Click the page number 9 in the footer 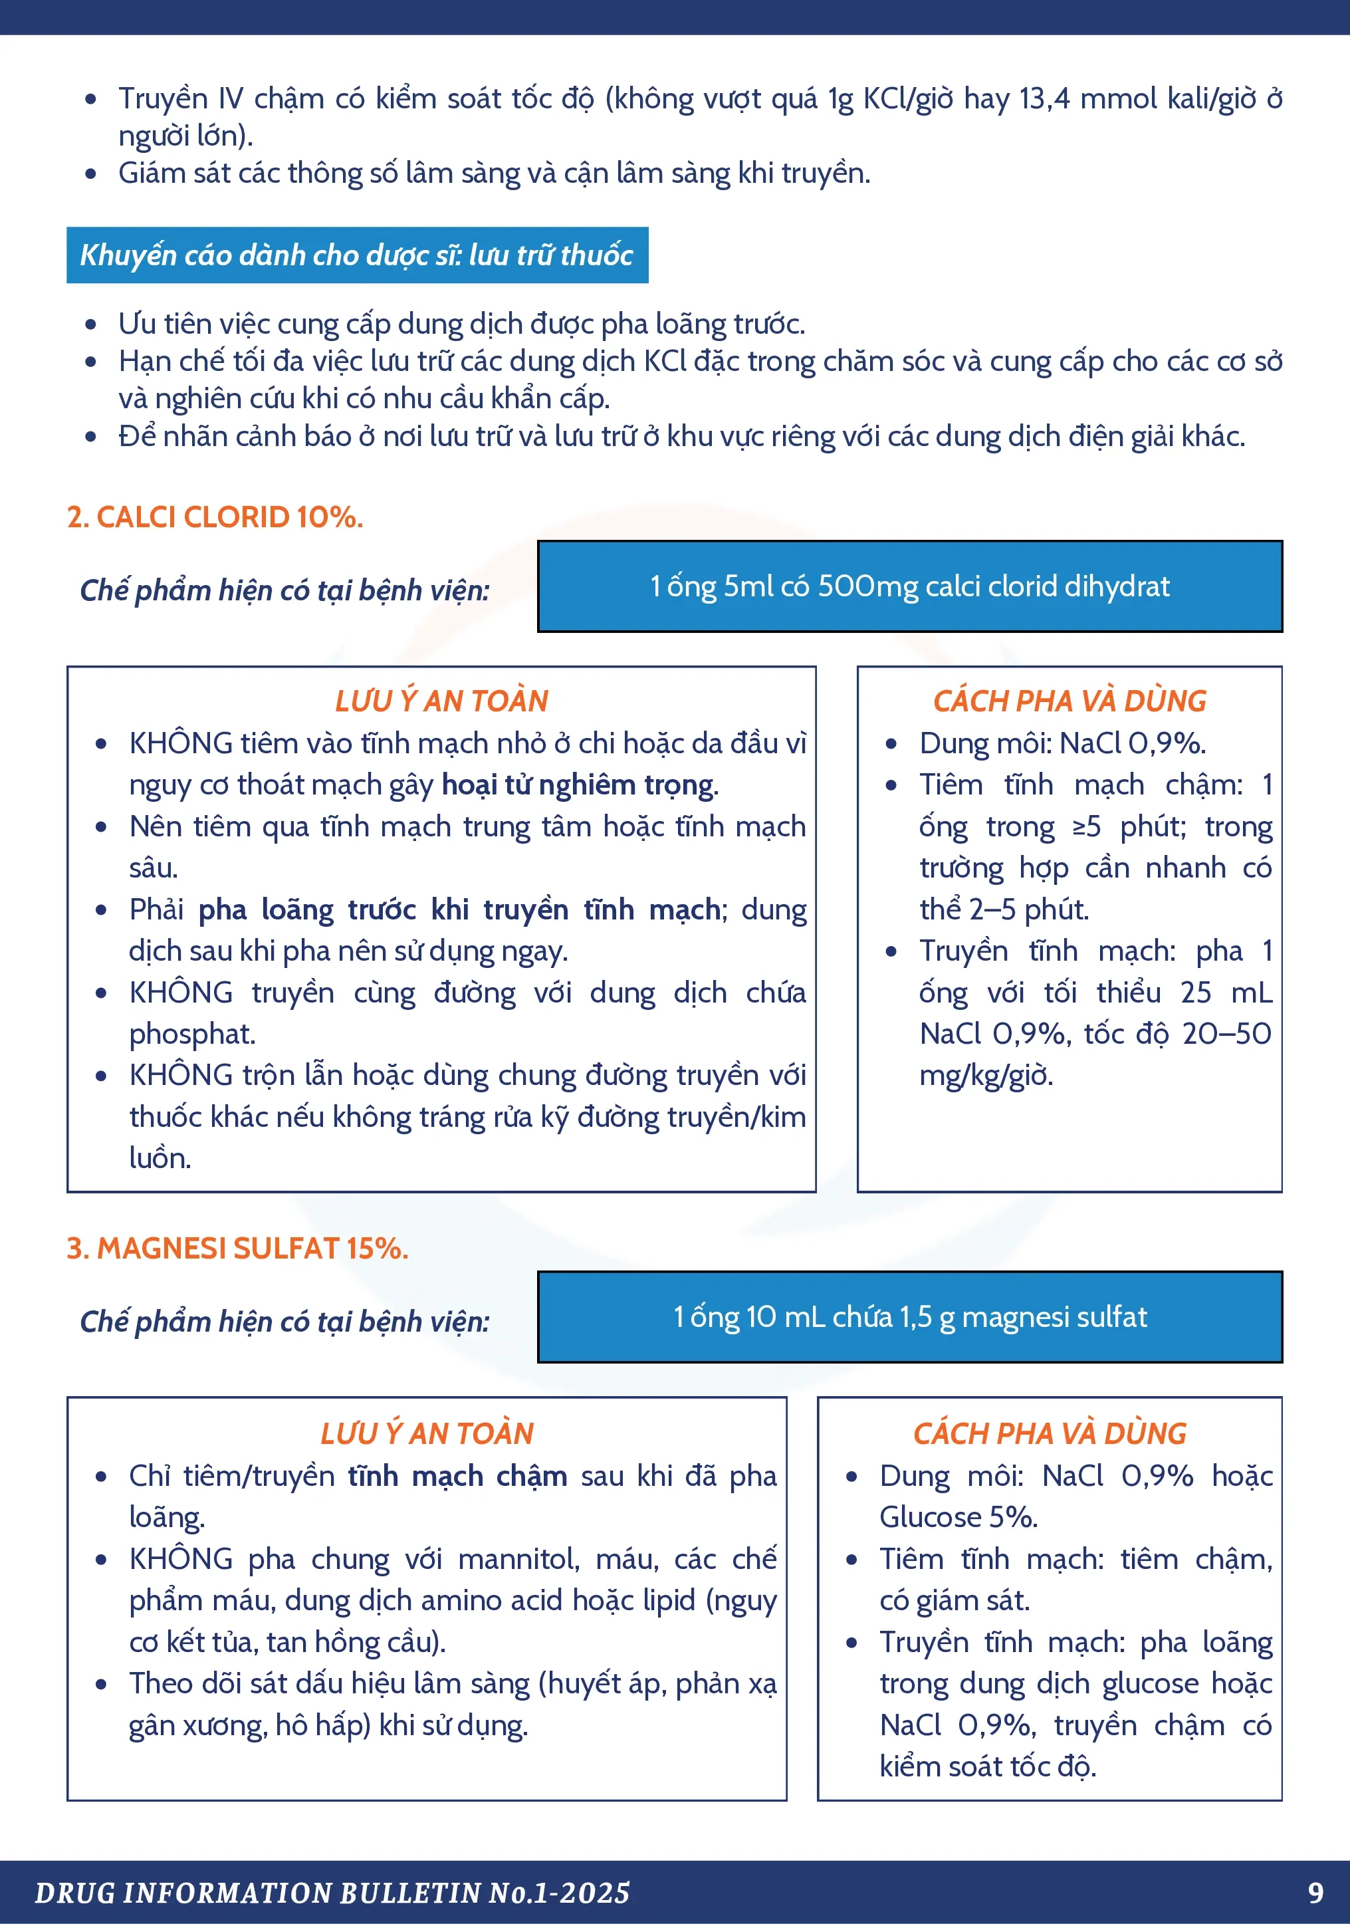(1315, 1892)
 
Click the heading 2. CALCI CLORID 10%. (215, 517)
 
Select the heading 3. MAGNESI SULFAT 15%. (237, 1249)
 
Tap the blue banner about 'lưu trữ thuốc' (357, 255)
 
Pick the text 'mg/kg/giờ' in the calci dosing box (986, 1075)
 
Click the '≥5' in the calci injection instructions (1086, 827)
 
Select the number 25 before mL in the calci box (1196, 992)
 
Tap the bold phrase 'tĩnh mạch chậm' (457, 1476)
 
